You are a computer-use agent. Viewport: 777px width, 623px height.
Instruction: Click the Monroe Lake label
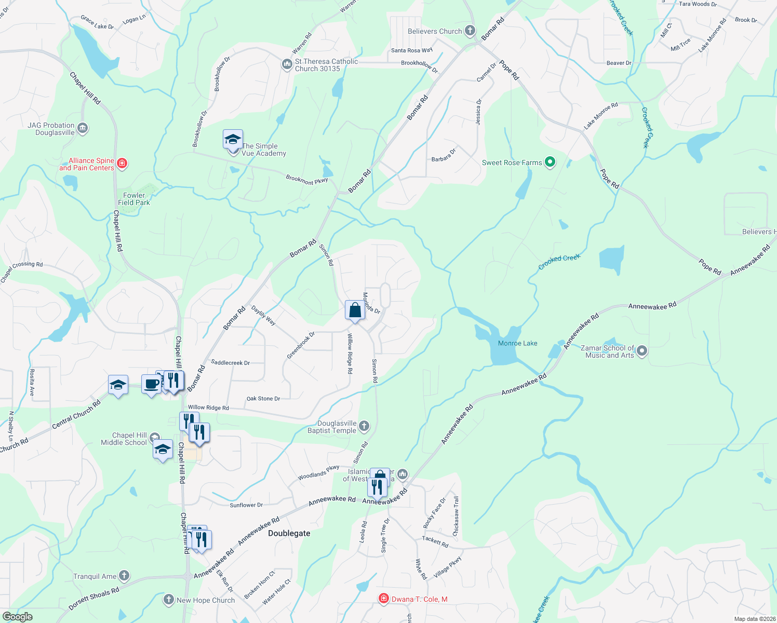517,343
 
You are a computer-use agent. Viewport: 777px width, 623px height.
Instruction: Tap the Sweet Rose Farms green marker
550,162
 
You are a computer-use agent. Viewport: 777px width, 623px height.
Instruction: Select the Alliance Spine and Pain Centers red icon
122,164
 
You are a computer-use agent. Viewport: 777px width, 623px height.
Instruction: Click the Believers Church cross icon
470,31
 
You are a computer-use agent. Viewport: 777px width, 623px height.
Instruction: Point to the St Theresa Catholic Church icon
287,64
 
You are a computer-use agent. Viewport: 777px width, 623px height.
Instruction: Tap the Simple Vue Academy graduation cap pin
233,140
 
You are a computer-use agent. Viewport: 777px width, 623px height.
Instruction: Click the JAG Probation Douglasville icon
83,128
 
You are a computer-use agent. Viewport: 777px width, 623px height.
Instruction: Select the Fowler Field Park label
134,199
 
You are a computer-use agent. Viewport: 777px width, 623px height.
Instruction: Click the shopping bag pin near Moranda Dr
355,310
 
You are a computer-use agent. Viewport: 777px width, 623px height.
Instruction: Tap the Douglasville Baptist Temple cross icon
364,427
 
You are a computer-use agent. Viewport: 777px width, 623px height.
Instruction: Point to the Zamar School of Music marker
642,351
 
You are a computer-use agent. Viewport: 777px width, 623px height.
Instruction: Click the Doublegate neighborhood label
289,533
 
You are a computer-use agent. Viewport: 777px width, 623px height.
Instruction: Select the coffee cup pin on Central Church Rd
151,385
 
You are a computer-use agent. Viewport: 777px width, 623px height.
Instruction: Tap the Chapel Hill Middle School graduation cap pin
163,450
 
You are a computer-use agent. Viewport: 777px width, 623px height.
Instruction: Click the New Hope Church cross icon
169,600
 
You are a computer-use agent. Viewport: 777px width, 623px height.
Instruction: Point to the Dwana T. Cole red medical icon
384,599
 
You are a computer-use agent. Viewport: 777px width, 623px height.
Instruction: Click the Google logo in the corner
17,617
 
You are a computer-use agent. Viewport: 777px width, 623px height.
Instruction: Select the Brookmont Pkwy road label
307,180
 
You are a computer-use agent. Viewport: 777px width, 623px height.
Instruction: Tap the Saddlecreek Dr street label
231,362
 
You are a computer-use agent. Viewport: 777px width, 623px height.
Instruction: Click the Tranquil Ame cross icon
124,576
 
